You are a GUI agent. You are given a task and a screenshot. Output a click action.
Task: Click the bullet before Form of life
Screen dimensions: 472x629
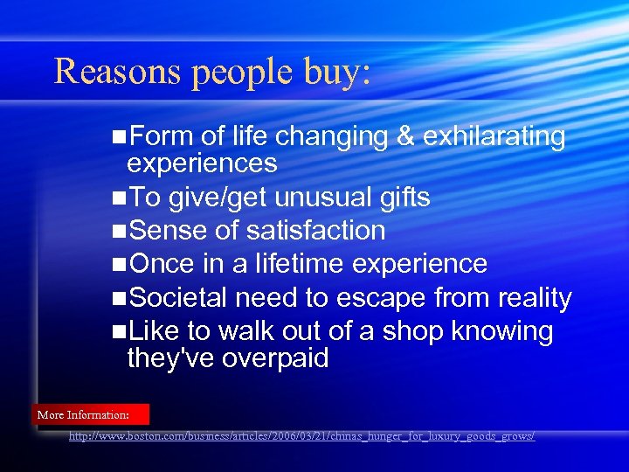[119, 137]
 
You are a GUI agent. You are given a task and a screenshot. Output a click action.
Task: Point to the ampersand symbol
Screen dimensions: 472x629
[403, 136]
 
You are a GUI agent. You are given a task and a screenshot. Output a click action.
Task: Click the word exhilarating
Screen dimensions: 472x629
[493, 137]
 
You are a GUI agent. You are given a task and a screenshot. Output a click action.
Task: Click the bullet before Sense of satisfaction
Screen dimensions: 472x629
[119, 232]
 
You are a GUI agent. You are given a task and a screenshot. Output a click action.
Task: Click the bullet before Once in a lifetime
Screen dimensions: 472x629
[119, 265]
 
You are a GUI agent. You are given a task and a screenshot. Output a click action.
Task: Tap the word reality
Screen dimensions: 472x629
[535, 298]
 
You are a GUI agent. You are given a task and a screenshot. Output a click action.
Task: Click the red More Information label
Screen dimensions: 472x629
[91, 414]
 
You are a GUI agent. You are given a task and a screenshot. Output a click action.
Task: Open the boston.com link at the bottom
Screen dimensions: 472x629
[302, 435]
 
